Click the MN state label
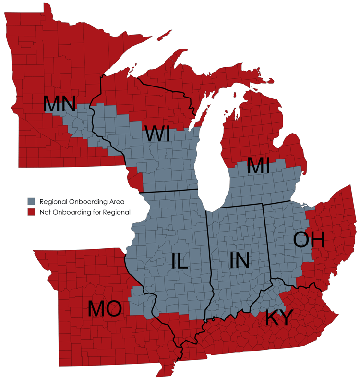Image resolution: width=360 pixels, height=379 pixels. click(x=60, y=104)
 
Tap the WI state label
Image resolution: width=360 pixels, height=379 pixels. click(x=158, y=134)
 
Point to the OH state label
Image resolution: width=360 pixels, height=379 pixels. click(x=309, y=239)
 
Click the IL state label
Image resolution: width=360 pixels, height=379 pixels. click(x=179, y=260)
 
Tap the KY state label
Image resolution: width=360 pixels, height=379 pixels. click(x=279, y=318)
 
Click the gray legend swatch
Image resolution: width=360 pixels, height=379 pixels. click(x=31, y=201)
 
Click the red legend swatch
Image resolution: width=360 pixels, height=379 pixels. click(x=31, y=212)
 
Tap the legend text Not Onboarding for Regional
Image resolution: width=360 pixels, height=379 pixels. click(x=85, y=212)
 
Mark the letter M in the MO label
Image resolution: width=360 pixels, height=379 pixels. click(x=96, y=308)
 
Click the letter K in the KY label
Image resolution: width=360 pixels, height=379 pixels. click(x=271, y=318)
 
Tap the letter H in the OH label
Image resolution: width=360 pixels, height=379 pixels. click(x=318, y=239)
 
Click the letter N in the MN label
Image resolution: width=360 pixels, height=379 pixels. click(x=68, y=104)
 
